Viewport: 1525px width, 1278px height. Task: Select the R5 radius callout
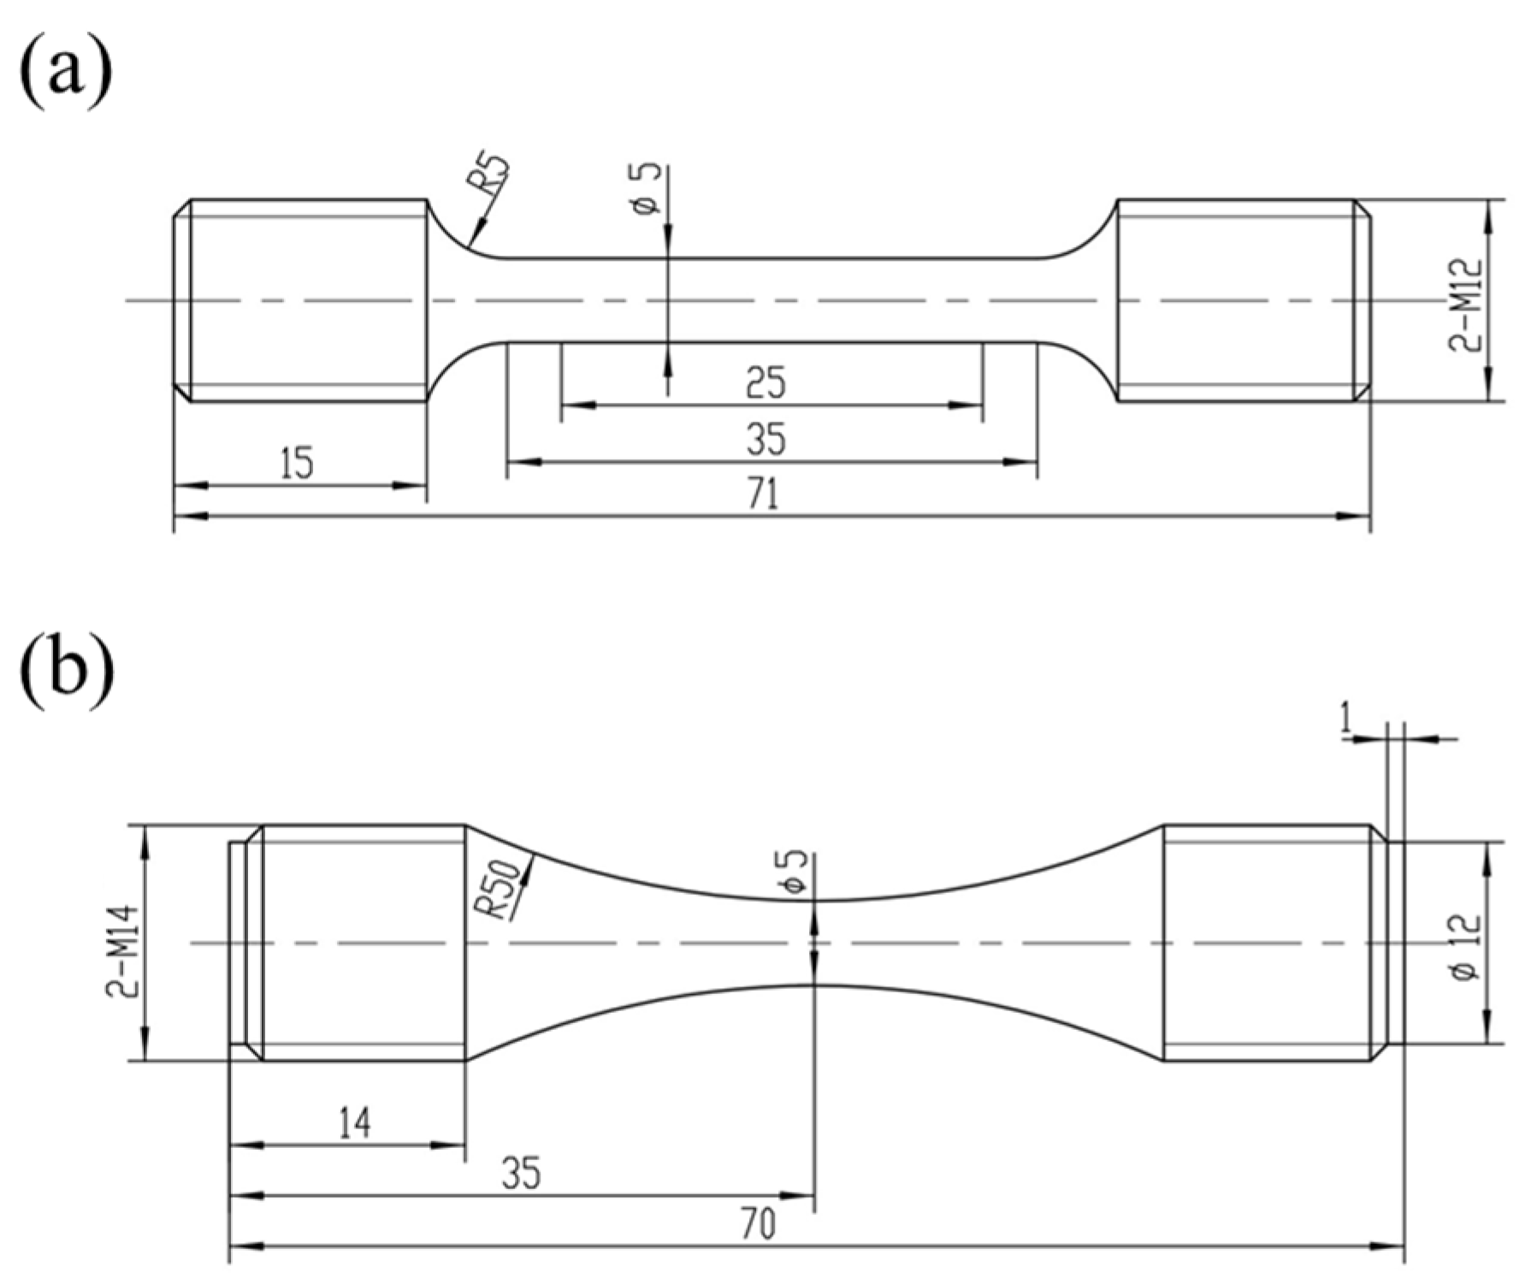[x=494, y=176]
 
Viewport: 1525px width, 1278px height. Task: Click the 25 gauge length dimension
[x=765, y=382]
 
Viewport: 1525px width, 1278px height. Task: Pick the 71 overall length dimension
[x=764, y=495]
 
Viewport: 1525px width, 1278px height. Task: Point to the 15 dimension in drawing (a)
[x=297, y=463]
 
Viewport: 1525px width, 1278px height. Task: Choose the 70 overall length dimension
[x=759, y=1225]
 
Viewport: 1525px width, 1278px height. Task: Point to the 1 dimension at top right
[x=1346, y=721]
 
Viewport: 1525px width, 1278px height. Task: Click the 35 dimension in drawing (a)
[x=765, y=440]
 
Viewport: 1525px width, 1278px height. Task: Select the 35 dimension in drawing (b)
[x=521, y=1174]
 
